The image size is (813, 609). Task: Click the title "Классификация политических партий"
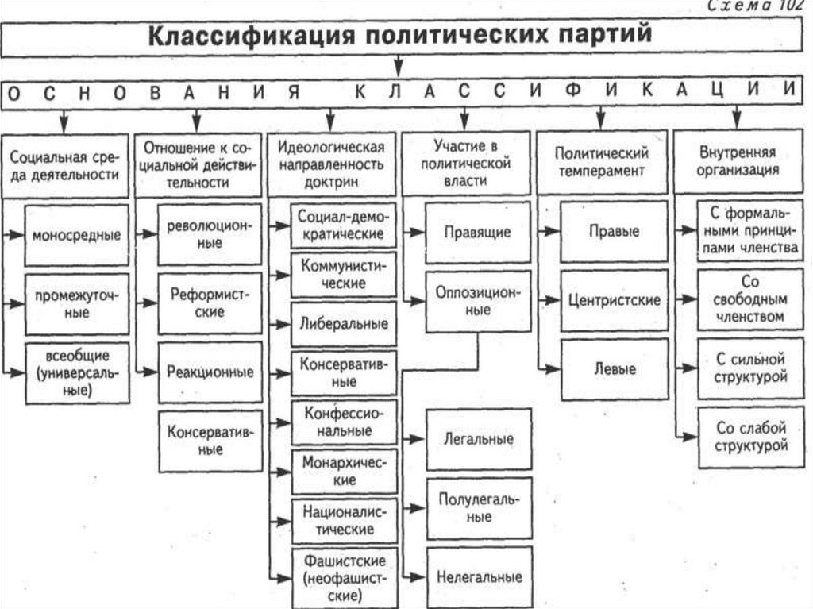(x=401, y=37)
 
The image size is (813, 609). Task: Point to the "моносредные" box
(x=77, y=235)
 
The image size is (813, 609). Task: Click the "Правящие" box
(x=477, y=233)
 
